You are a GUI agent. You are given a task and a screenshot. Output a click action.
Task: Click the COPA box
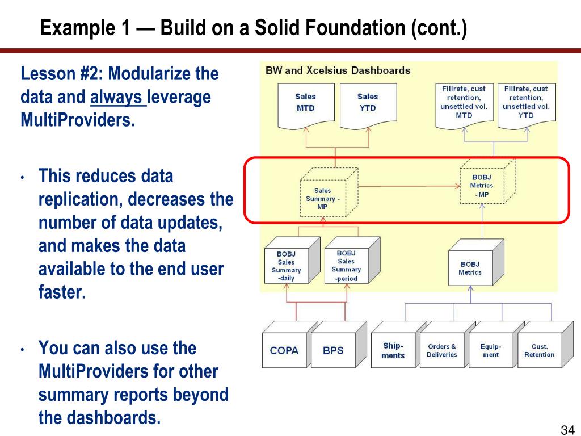click(x=284, y=350)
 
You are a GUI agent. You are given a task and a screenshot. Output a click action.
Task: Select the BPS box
click(x=333, y=350)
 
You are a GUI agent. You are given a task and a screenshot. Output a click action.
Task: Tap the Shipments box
click(x=393, y=350)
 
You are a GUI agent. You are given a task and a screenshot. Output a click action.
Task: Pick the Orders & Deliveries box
click(x=442, y=350)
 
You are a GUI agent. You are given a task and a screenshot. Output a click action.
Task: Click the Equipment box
click(x=491, y=350)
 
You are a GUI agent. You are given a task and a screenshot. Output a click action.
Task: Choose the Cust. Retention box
click(x=540, y=350)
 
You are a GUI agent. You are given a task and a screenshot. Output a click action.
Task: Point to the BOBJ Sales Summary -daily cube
click(x=287, y=266)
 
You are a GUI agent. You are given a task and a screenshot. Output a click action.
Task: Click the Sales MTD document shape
click(x=305, y=103)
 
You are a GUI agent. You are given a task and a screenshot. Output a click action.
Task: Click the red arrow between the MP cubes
click(x=409, y=186)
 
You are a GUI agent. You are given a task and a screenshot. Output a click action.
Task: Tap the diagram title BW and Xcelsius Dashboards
click(x=338, y=71)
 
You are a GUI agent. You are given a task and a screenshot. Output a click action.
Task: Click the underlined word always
click(x=118, y=98)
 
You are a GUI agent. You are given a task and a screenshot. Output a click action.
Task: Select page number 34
click(x=568, y=428)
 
